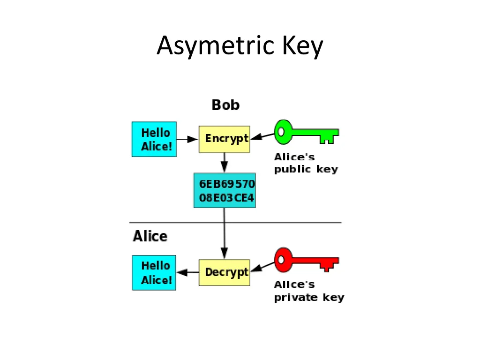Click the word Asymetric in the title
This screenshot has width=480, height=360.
(216, 46)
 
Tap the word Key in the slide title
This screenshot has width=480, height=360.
(302, 46)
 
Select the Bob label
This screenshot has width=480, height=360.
(225, 105)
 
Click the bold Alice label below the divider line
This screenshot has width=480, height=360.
(150, 236)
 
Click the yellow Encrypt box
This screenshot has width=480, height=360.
(225, 139)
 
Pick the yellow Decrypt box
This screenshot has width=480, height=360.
(225, 272)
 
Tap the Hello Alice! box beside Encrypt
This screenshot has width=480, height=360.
(154, 139)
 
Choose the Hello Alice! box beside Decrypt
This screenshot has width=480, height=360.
(154, 273)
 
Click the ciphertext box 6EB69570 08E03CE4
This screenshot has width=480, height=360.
(225, 190)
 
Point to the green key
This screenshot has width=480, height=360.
(307, 132)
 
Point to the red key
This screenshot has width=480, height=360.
(307, 260)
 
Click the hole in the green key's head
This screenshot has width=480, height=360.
(281, 132)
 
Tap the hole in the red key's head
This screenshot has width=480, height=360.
(281, 260)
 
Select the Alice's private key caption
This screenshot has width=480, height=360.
(309, 291)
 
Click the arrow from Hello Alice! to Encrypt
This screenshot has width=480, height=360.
(187, 139)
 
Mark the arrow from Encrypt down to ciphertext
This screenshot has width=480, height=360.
(225, 163)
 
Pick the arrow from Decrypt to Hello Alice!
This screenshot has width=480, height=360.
(187, 272)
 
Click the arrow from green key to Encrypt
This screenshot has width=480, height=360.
(262, 136)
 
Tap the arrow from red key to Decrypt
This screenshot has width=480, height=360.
(262, 266)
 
